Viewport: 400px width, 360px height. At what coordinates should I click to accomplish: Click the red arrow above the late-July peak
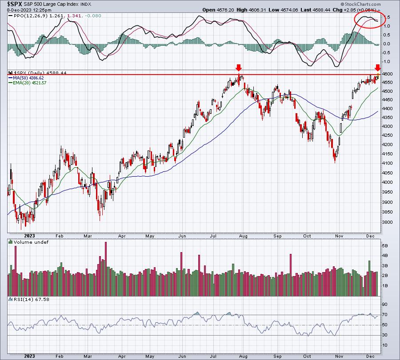coord(239,67)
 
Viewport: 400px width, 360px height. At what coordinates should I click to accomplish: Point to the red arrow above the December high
coord(377,67)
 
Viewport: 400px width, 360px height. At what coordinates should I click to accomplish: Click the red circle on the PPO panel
coord(368,19)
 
